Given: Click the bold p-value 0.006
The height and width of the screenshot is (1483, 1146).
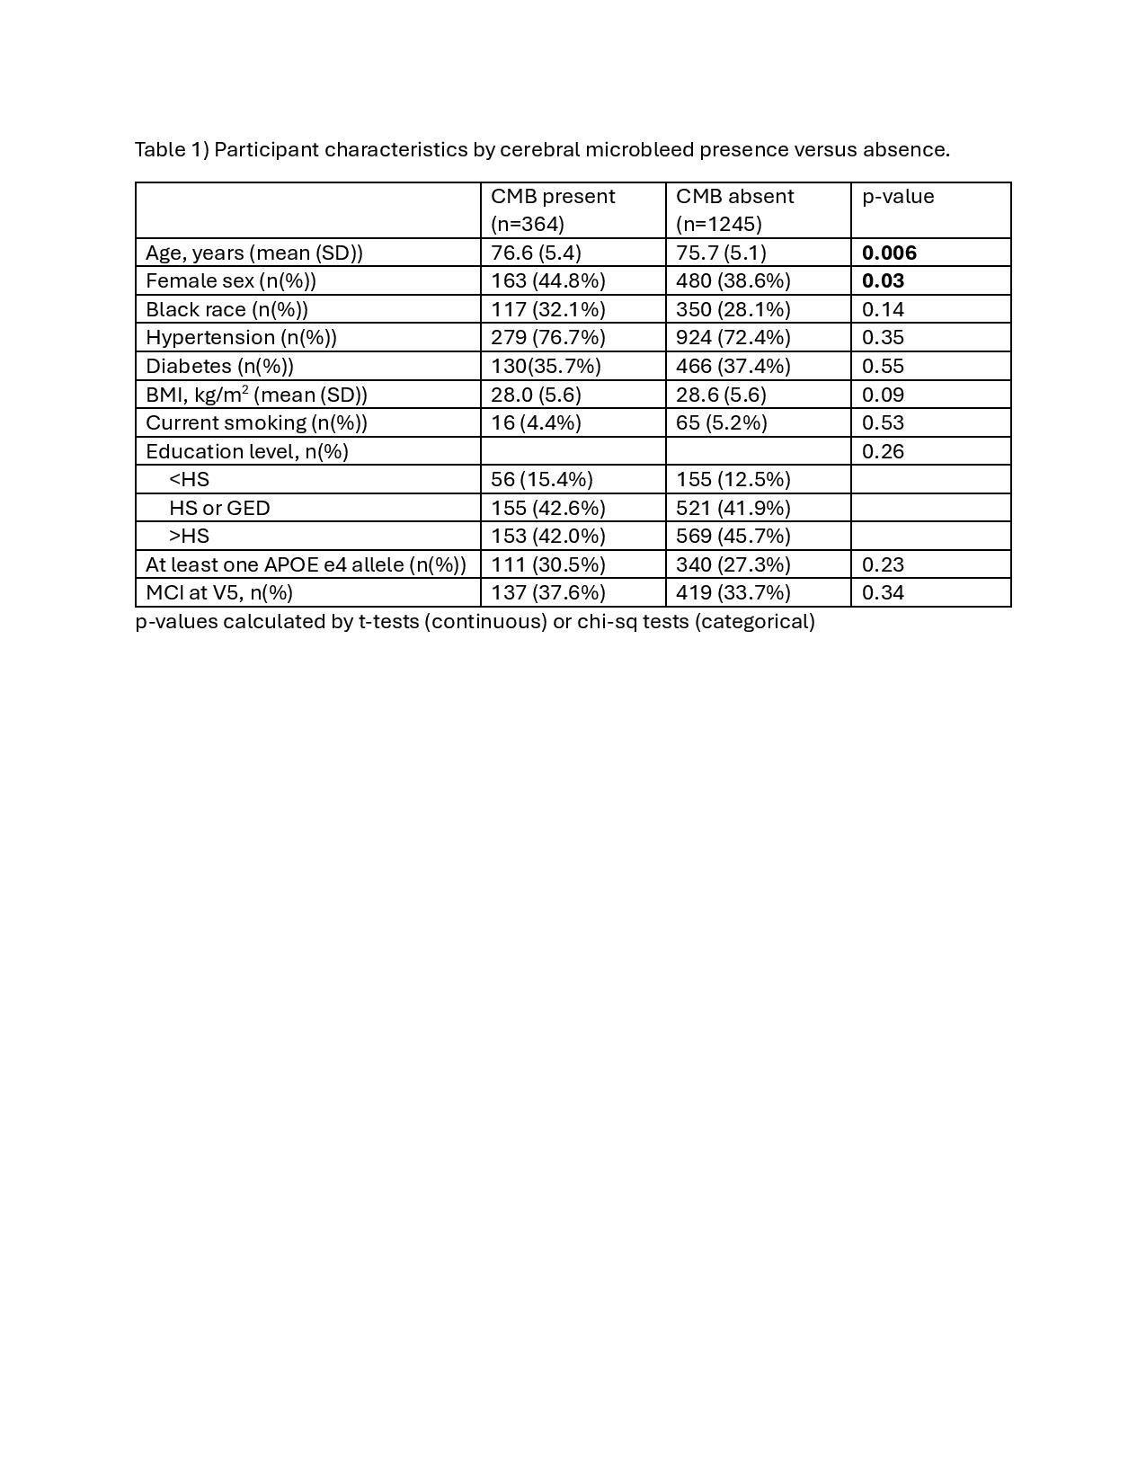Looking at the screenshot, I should (889, 253).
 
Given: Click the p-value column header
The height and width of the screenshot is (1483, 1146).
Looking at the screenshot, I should (898, 197).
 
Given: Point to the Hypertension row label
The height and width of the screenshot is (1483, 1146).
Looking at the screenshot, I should (241, 337).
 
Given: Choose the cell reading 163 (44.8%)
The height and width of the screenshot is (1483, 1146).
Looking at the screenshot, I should (547, 280).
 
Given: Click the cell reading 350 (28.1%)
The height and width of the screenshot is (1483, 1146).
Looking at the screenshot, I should (733, 309).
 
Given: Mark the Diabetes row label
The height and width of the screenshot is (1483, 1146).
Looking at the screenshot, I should (219, 366).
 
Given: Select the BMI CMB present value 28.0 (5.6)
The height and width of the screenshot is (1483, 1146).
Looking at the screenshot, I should (536, 395).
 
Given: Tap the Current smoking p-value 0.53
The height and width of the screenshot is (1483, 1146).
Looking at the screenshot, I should (883, 422).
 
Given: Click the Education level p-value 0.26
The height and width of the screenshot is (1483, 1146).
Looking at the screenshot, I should (883, 451).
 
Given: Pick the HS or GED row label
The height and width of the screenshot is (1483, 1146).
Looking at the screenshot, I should (219, 508).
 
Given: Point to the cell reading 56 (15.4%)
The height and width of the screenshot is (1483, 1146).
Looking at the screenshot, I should (541, 479).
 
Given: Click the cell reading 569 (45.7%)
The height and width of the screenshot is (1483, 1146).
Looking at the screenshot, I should (733, 536).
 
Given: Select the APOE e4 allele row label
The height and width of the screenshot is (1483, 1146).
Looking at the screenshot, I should (306, 564).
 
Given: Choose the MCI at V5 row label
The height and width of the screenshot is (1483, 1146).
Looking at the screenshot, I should (219, 592).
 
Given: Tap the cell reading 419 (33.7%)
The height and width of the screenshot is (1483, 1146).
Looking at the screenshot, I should (733, 592).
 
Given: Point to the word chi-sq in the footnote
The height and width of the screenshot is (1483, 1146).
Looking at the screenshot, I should (607, 621).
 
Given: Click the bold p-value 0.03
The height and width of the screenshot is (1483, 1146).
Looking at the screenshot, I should (883, 280).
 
